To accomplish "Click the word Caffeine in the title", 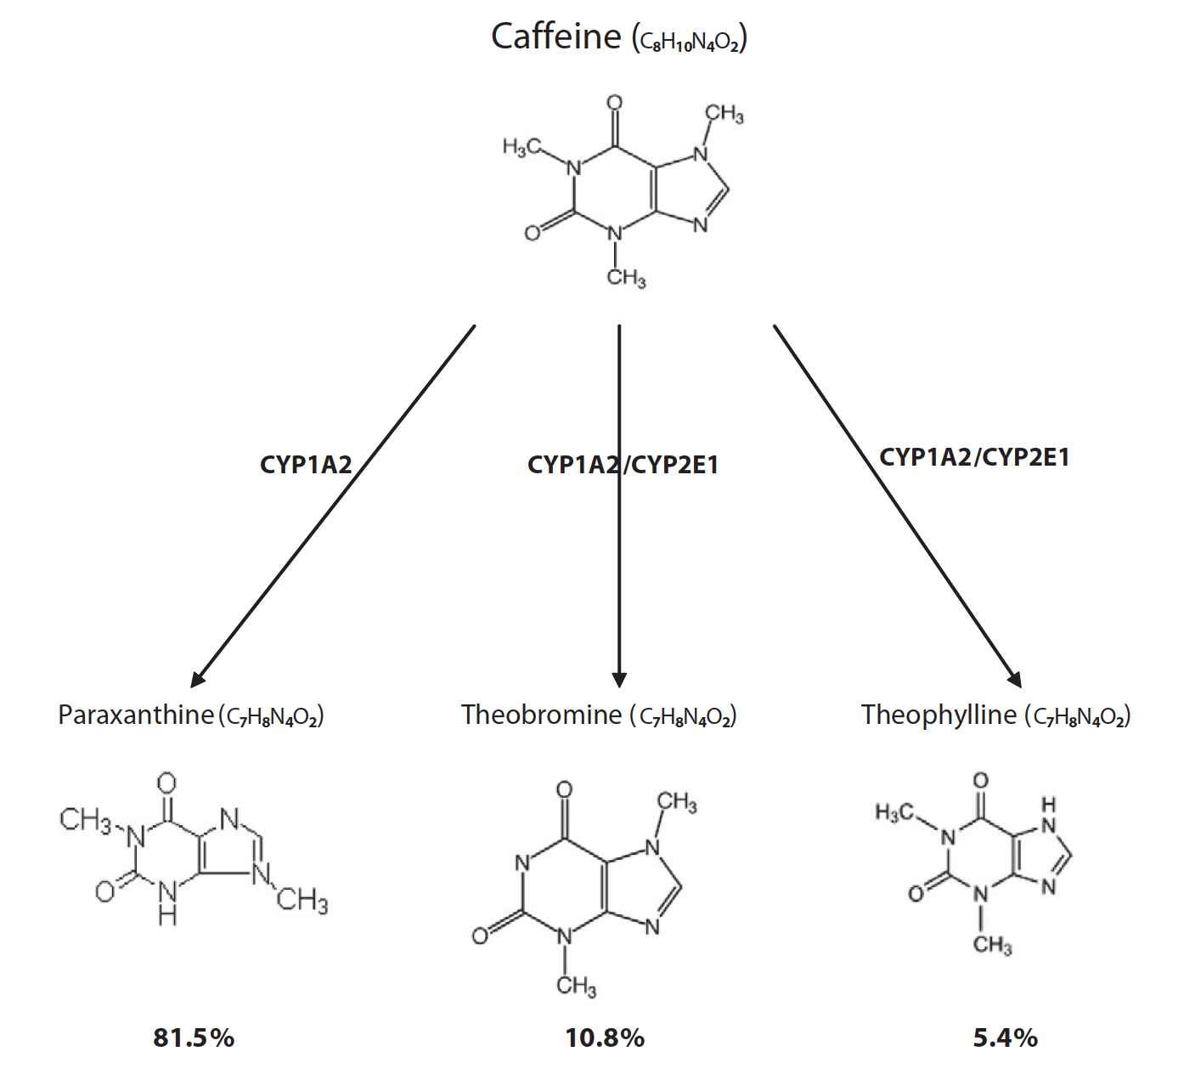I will click(x=556, y=37).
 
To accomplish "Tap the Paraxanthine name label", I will click(x=135, y=715).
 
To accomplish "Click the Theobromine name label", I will click(x=541, y=715).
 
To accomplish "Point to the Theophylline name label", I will click(x=939, y=715).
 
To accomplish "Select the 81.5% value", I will click(x=194, y=1037).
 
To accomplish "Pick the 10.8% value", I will click(x=605, y=1037).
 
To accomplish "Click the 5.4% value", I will click(x=1006, y=1037).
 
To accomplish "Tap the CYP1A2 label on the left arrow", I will click(x=306, y=465).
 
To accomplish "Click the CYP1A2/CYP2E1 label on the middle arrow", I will click(x=623, y=465).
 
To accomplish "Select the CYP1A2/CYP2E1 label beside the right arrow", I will click(x=974, y=457).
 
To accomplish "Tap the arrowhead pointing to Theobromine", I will click(x=619, y=680).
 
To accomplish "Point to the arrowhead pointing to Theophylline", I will click(x=1014, y=679).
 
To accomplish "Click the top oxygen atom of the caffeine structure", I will click(x=614, y=103).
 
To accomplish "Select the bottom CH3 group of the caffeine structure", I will click(x=626, y=277).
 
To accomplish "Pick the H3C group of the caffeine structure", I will click(x=520, y=147).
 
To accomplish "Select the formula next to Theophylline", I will click(x=1078, y=717).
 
